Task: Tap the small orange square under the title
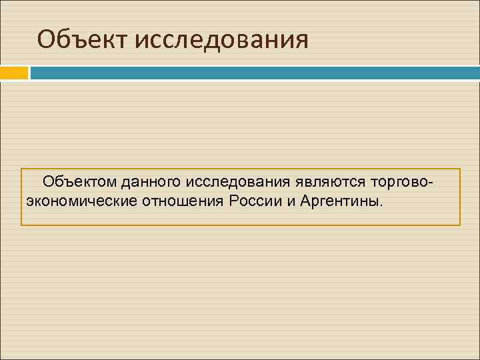(13, 72)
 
